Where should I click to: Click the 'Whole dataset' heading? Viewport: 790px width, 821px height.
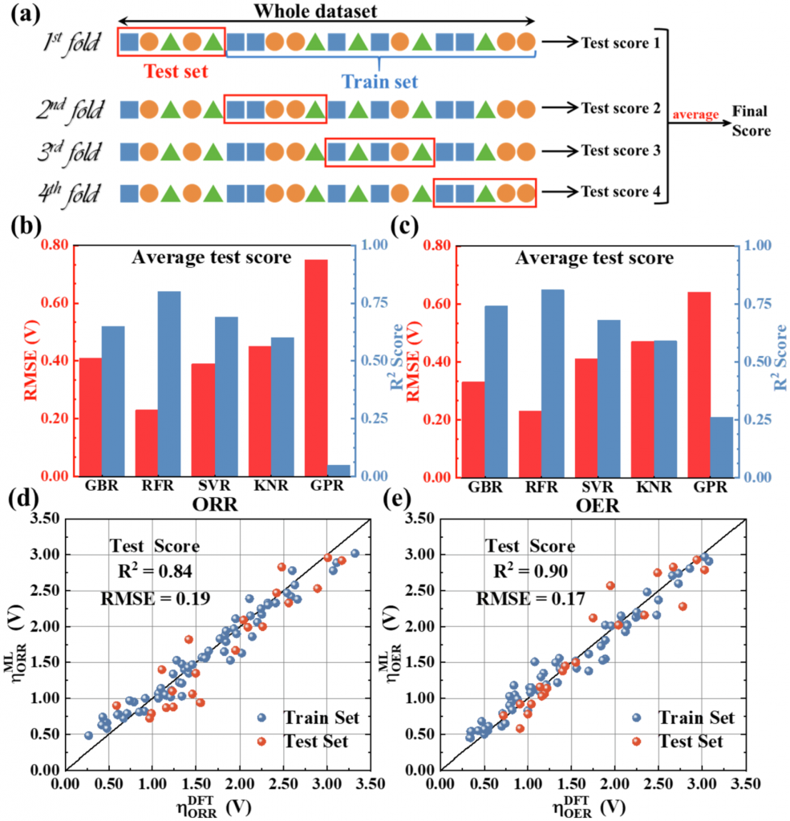pos(328,11)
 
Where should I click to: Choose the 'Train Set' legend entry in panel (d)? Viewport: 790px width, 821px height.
pos(313,718)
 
